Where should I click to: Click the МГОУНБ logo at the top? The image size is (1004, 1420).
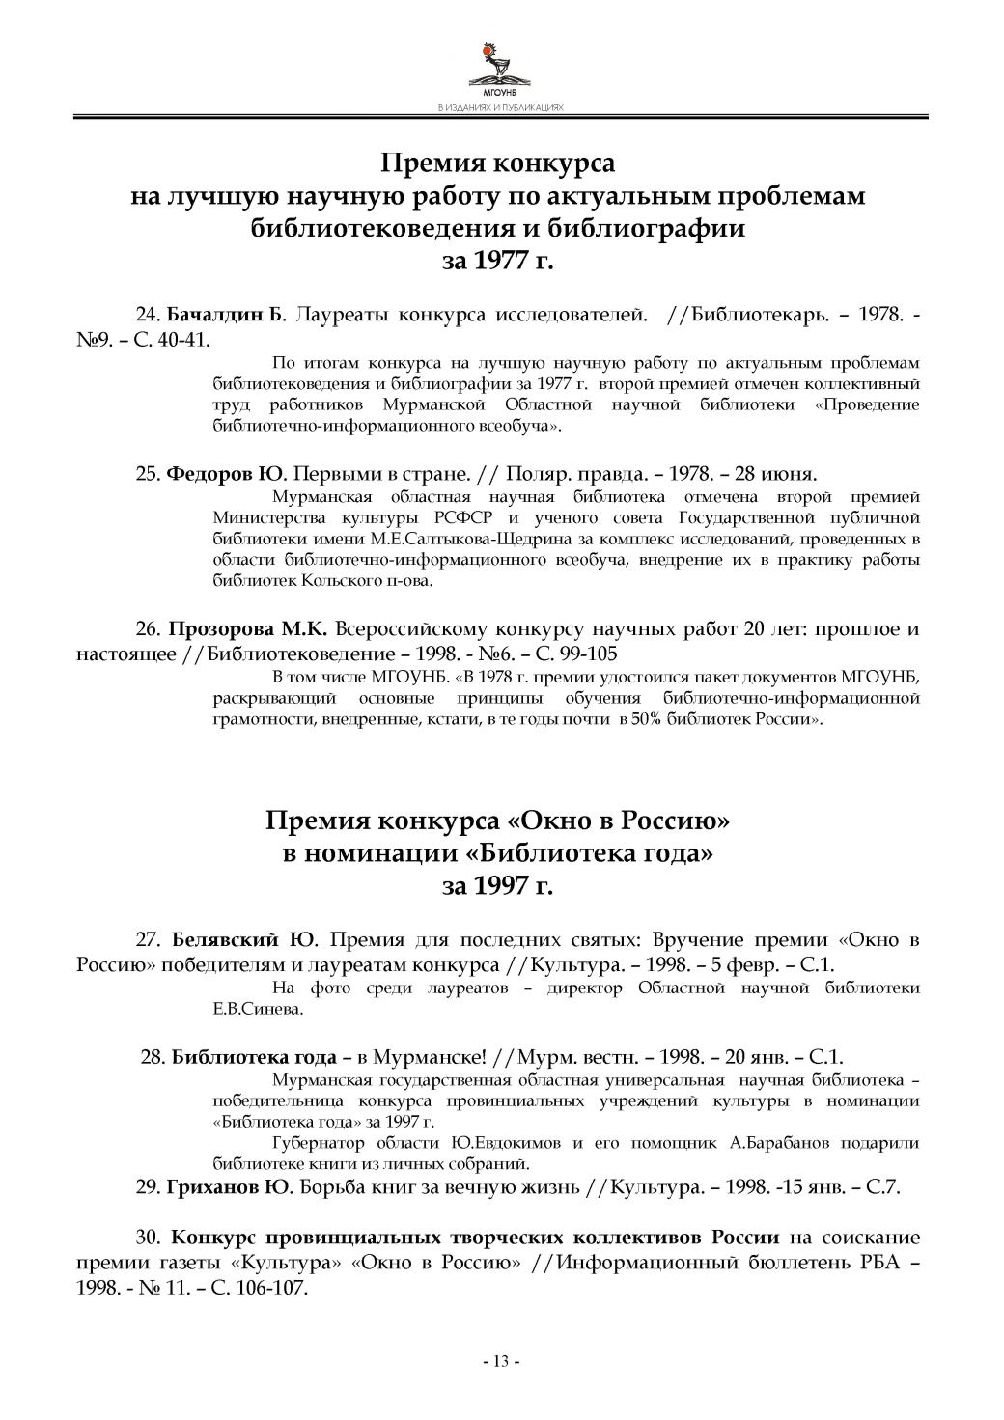[500, 68]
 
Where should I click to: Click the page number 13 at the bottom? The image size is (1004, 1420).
[501, 1362]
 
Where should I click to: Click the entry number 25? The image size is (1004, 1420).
[147, 474]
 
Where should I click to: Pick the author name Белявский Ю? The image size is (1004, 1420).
[245, 940]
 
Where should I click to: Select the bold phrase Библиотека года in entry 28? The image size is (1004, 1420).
[254, 1056]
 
